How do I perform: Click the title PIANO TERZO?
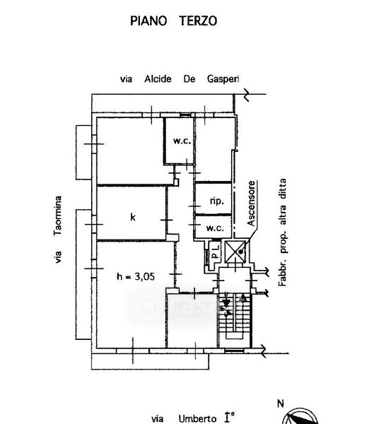pyautogui.click(x=173, y=20)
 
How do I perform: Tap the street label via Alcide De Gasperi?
pyautogui.click(x=180, y=79)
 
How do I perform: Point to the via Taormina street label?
pyautogui.click(x=58, y=229)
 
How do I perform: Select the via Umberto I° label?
pyautogui.click(x=192, y=418)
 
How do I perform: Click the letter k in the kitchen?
pyautogui.click(x=133, y=217)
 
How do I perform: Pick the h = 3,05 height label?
pyautogui.click(x=136, y=276)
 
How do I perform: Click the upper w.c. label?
pyautogui.click(x=182, y=141)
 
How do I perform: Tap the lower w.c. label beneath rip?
pyautogui.click(x=215, y=228)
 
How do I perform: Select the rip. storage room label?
pyautogui.click(x=216, y=201)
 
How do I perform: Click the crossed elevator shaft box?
pyautogui.click(x=235, y=252)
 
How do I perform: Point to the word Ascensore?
pyautogui.click(x=251, y=204)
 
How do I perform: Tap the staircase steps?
pyautogui.click(x=235, y=320)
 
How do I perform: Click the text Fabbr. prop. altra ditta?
pyautogui.click(x=282, y=232)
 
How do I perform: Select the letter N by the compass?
pyautogui.click(x=281, y=404)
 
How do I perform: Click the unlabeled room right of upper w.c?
pyautogui.click(x=214, y=149)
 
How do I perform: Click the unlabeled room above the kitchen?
pyautogui.click(x=131, y=151)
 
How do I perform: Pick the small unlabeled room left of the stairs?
pyautogui.click(x=192, y=321)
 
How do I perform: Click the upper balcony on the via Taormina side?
pyautogui.click(x=83, y=152)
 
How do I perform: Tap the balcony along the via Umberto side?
pyautogui.click(x=150, y=361)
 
